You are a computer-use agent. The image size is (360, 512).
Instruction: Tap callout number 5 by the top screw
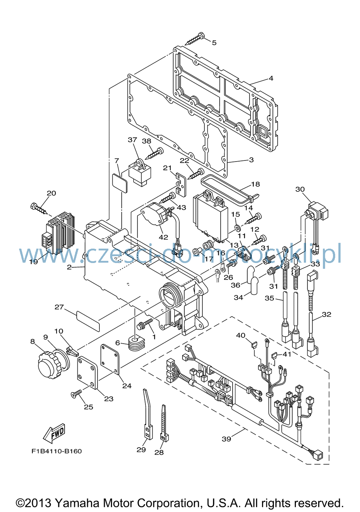(214, 43)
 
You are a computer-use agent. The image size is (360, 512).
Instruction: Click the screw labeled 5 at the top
(194, 39)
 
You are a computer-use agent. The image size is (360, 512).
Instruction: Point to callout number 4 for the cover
(271, 78)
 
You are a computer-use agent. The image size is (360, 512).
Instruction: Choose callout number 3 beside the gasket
(251, 160)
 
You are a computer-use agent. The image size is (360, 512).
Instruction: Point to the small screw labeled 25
(77, 393)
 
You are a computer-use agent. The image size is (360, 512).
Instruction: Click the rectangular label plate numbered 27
(88, 321)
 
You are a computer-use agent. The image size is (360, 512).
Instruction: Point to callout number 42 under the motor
(163, 237)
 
